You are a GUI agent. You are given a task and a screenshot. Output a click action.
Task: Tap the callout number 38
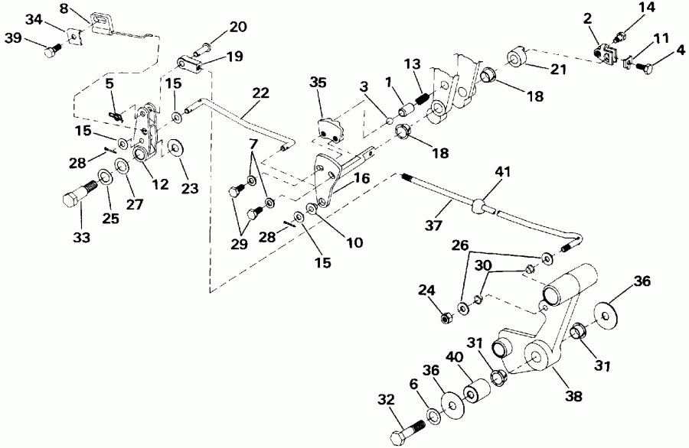(x=573, y=397)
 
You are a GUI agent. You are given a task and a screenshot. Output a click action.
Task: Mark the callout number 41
(x=501, y=176)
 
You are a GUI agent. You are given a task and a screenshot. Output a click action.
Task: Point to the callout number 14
(x=646, y=8)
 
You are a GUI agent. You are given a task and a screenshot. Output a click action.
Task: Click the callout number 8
(x=64, y=8)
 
